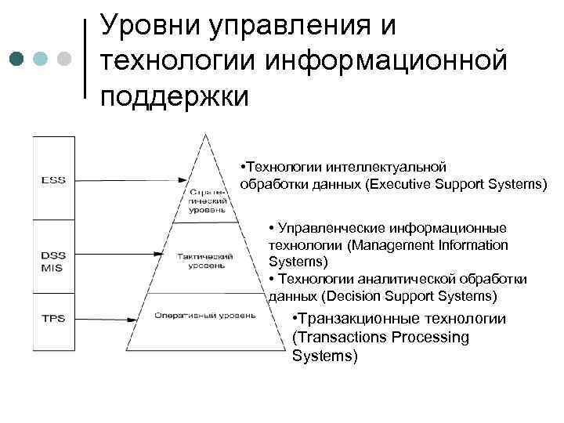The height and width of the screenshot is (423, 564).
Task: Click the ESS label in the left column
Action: click(x=53, y=180)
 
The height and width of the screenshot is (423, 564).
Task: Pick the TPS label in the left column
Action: click(x=53, y=319)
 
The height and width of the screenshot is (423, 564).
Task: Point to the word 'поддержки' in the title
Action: click(x=174, y=96)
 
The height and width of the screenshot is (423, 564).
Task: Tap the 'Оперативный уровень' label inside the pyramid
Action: click(x=205, y=316)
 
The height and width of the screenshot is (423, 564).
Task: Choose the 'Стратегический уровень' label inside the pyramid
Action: click(x=208, y=201)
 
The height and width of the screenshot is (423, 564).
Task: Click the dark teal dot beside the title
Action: click(x=17, y=59)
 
